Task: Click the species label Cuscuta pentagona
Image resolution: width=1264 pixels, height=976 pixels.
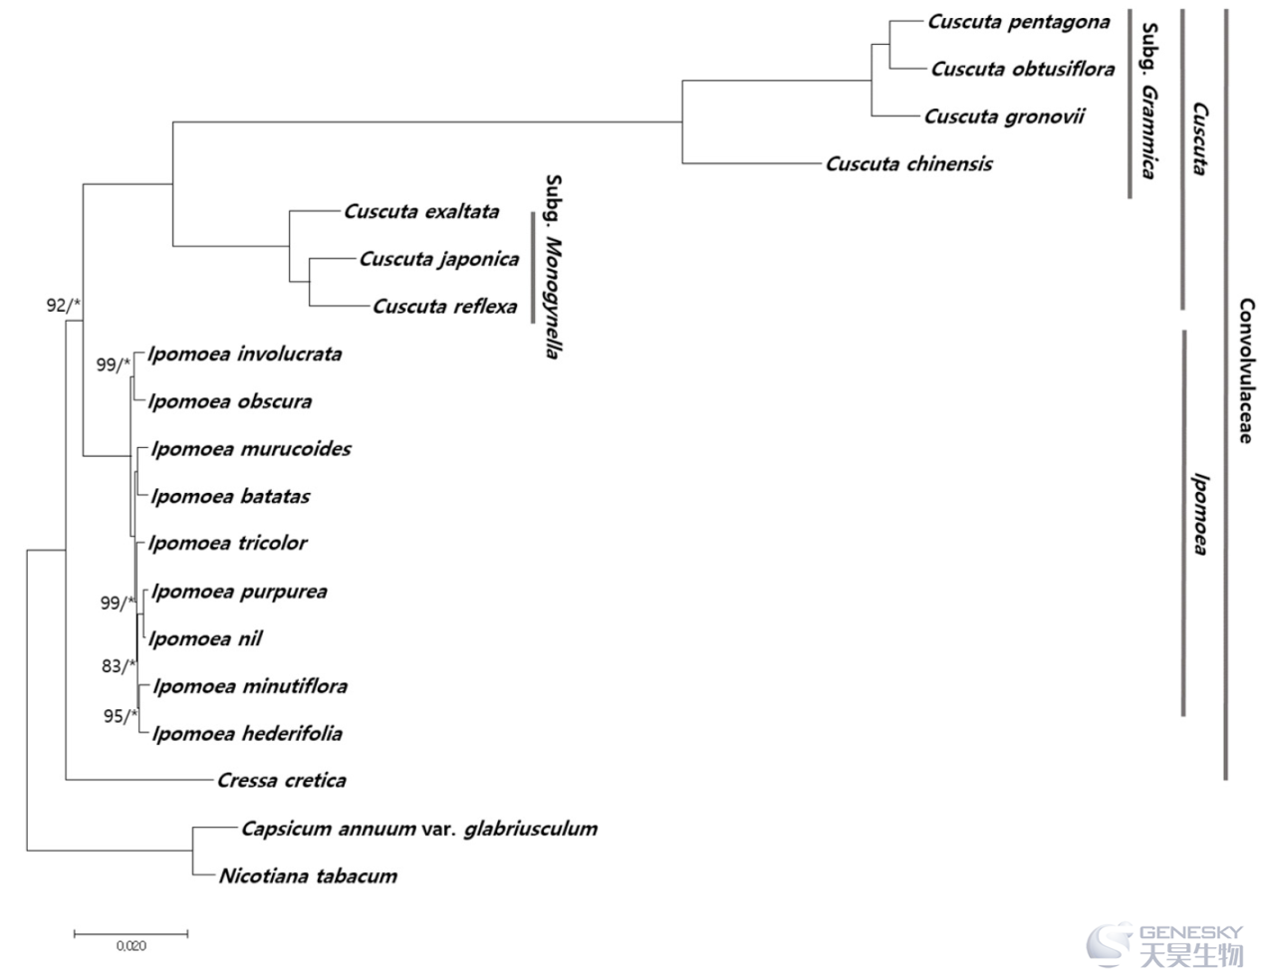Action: click(1019, 22)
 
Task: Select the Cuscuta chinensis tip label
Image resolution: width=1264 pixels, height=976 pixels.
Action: click(909, 164)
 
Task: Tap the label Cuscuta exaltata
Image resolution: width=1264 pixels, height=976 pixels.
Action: click(421, 212)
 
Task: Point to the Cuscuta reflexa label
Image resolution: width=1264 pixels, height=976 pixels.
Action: click(445, 307)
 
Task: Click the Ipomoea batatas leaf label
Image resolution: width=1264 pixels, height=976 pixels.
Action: click(230, 497)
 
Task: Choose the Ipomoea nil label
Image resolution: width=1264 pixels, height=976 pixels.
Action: click(205, 639)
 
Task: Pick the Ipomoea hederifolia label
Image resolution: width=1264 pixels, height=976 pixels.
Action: click(247, 733)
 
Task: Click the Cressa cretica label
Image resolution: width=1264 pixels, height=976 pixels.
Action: click(282, 781)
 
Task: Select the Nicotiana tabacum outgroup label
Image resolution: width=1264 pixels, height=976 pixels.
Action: click(309, 876)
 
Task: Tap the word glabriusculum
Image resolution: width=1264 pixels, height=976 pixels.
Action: click(531, 829)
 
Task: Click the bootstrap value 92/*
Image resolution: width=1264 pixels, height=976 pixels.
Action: click(64, 305)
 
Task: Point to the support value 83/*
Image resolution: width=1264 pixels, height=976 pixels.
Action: click(119, 666)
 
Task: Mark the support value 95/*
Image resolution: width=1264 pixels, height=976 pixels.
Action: click(121, 716)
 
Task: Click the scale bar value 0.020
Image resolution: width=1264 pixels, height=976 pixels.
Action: click(131, 946)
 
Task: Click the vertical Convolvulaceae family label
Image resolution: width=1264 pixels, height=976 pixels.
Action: click(1245, 371)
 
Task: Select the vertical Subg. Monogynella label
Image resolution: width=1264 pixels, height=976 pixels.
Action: click(553, 267)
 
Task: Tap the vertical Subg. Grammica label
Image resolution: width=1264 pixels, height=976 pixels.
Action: click(1148, 101)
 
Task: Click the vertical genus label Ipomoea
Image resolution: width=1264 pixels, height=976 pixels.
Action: click(1199, 515)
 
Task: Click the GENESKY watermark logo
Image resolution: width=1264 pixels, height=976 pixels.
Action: click(1165, 946)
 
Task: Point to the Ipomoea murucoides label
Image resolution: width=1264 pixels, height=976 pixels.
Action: click(251, 449)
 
